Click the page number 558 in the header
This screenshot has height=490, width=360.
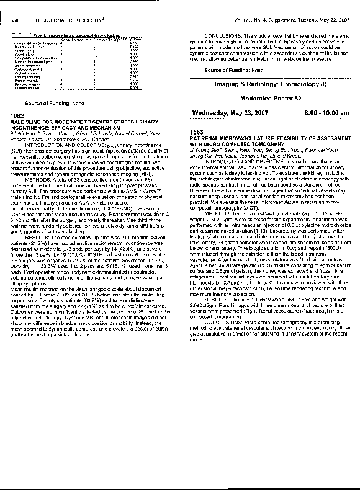click(16, 20)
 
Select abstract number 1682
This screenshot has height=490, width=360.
click(18, 116)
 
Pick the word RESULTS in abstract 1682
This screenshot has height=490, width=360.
click(37, 220)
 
